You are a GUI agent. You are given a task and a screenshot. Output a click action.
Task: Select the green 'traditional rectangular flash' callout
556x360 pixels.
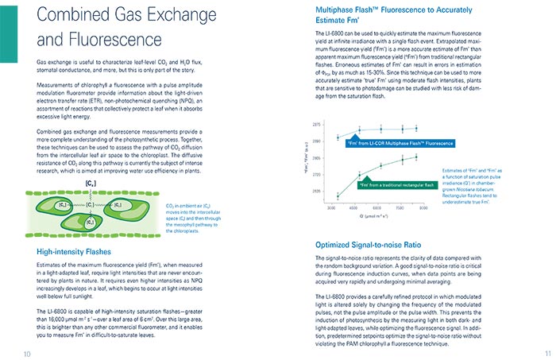click(398, 185)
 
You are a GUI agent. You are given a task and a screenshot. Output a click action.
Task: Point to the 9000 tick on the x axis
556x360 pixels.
click(424, 207)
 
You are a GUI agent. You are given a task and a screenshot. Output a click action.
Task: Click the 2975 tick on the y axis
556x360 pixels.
click(318, 126)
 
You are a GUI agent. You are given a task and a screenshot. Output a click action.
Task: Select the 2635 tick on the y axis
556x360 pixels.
click(318, 192)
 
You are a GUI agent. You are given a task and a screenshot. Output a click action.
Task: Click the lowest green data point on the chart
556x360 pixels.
click(338, 195)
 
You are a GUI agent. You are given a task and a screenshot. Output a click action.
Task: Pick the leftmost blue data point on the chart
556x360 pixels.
click(338, 137)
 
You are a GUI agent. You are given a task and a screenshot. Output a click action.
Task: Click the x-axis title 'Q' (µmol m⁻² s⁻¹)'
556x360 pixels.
click(377, 216)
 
